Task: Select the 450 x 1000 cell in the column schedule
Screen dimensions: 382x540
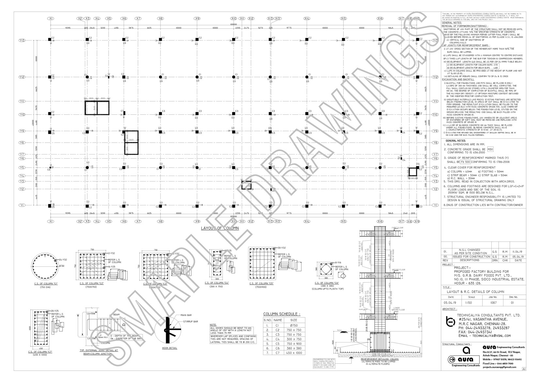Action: point(294,353)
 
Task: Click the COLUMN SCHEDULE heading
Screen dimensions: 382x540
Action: point(282,314)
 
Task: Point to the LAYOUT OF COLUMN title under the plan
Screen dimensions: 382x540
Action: point(220,228)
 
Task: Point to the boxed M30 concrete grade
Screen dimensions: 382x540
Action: point(490,149)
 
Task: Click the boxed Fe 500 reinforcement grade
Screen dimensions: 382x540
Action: point(465,162)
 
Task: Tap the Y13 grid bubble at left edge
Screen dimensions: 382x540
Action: point(22,40)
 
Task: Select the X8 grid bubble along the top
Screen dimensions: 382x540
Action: point(161,19)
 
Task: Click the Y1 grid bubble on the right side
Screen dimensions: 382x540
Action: point(435,205)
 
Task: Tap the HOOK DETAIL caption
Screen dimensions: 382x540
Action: point(169,348)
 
